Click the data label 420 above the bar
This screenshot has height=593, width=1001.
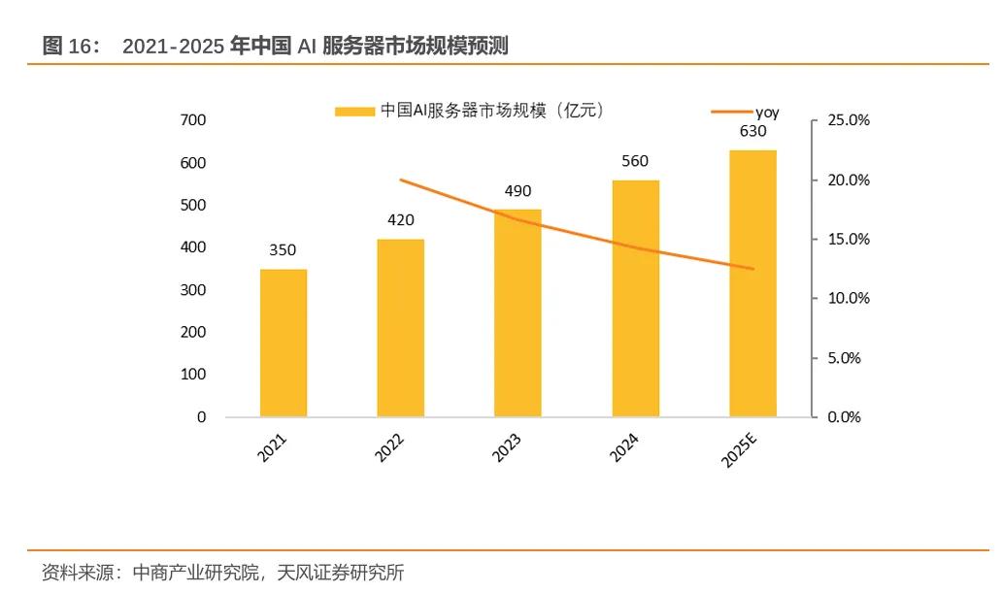[400, 220]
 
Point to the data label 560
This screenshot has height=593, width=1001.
[635, 161]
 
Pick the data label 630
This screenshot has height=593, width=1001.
[752, 131]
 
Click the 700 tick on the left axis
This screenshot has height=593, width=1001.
[193, 120]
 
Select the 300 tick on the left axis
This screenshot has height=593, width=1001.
[193, 290]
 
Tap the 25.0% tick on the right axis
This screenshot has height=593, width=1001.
[848, 120]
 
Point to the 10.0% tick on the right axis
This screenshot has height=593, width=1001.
[848, 299]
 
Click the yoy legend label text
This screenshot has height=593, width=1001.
[767, 113]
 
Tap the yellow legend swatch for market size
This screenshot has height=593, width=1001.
[353, 112]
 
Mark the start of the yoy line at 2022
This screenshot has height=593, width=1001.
[400, 180]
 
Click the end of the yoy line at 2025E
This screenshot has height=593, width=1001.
[752, 269]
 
